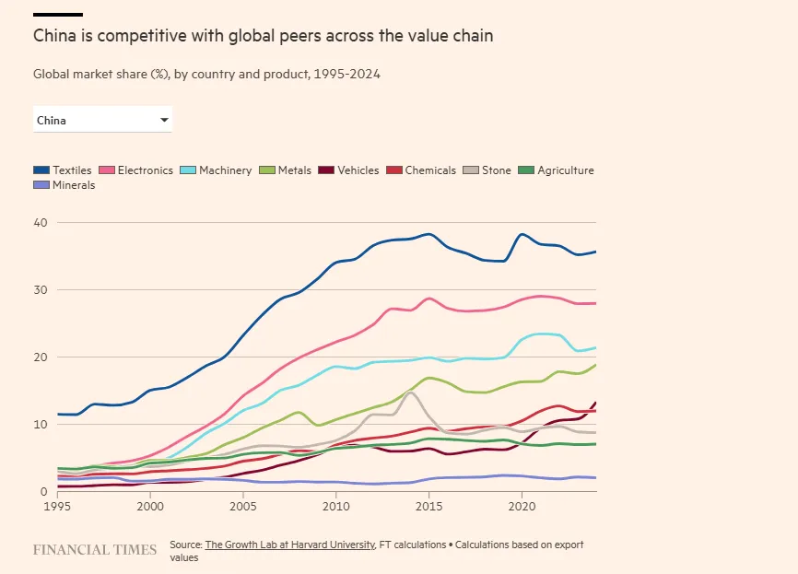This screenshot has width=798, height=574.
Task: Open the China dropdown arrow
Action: (x=164, y=120)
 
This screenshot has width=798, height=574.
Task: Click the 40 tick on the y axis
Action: (x=40, y=223)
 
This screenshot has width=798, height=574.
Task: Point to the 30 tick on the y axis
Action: (x=40, y=290)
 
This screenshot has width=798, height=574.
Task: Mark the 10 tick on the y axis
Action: (x=40, y=425)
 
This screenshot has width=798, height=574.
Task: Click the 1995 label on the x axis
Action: (x=57, y=507)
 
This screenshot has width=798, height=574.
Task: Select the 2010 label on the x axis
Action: (x=335, y=507)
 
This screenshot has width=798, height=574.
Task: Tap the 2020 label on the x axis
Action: (x=522, y=507)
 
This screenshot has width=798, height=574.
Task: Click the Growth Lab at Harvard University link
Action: (x=289, y=545)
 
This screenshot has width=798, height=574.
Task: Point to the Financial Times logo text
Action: (x=95, y=550)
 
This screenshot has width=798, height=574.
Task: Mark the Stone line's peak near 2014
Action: (x=411, y=392)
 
